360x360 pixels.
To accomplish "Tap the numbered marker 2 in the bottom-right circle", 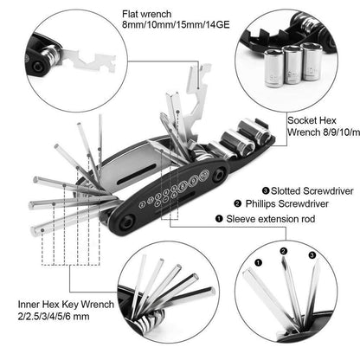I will (x=283, y=253).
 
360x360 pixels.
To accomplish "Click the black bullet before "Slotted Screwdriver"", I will (x=251, y=190).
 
